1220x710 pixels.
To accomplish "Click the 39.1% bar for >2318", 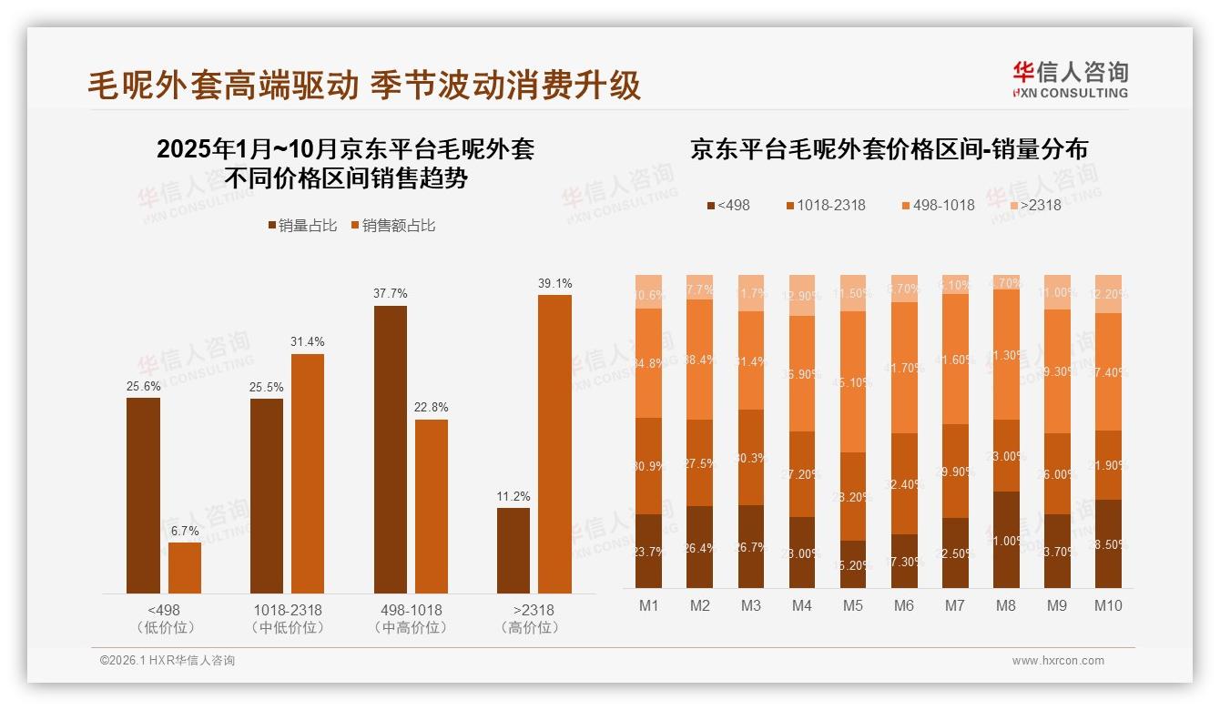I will (554, 443).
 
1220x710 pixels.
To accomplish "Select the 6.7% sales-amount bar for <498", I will (185, 568).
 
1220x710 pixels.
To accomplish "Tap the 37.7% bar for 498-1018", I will (390, 449).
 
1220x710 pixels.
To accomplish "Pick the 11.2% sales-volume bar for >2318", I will (513, 550).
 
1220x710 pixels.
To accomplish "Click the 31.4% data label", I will (307, 341).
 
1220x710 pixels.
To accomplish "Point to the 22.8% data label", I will (431, 407).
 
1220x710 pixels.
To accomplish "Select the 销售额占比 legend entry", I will (391, 225).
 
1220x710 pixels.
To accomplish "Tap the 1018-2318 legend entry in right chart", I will (826, 205).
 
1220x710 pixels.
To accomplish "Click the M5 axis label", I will (853, 605).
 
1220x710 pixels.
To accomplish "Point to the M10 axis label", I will (1108, 605).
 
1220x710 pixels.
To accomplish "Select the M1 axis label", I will (649, 605).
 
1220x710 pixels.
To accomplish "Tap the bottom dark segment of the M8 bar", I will (1006, 540).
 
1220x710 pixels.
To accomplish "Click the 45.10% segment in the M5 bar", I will (853, 382).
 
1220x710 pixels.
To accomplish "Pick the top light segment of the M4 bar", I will (802, 295).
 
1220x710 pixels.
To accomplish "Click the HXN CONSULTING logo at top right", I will (1071, 79).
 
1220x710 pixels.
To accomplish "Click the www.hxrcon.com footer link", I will (1058, 661).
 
